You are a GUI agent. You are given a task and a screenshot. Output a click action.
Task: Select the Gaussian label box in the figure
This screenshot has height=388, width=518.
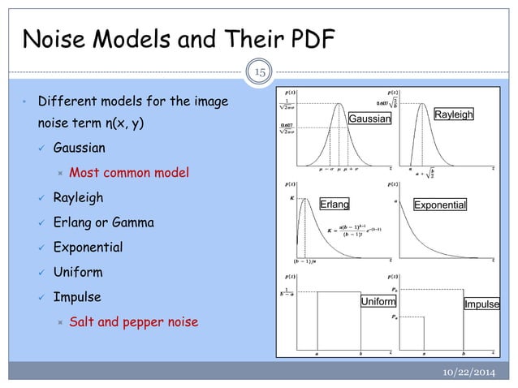(x=369, y=119)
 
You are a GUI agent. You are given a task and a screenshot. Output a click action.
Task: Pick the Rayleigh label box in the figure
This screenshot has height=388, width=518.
(x=454, y=115)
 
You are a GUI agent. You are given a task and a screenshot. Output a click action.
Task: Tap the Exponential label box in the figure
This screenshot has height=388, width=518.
(x=440, y=205)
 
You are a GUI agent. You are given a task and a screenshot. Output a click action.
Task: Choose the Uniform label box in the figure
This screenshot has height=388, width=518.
(x=378, y=302)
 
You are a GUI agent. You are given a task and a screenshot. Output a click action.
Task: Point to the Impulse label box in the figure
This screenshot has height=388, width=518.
(x=481, y=304)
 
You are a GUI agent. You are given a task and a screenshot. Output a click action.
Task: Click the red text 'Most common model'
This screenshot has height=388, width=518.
(x=129, y=173)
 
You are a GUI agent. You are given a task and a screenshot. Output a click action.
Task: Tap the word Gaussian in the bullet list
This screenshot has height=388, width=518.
(x=79, y=149)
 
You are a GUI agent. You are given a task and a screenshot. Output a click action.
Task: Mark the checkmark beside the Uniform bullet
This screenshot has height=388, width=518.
(x=41, y=272)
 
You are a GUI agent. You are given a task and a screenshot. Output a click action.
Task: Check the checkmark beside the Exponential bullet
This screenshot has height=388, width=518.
(x=41, y=248)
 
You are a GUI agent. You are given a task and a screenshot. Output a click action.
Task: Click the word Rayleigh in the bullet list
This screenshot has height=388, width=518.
(x=78, y=198)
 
